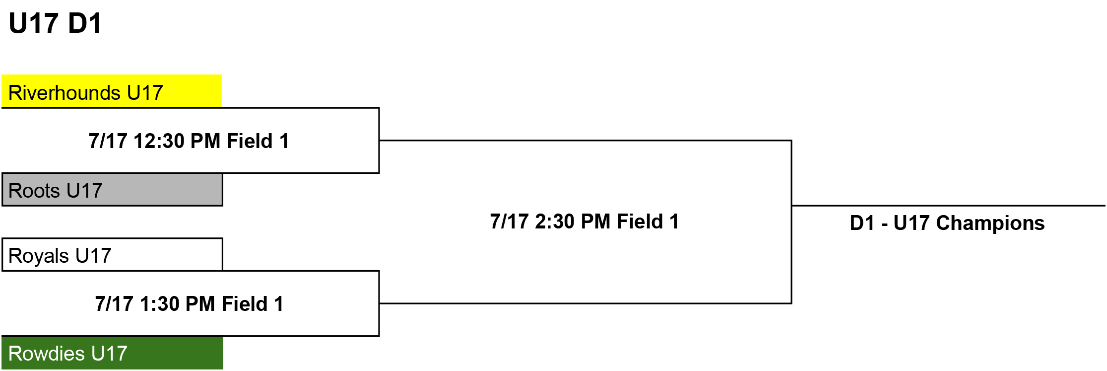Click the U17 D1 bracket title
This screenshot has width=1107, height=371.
click(x=56, y=23)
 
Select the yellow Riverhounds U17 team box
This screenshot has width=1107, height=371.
click(x=112, y=91)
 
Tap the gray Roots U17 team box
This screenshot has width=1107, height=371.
click(x=112, y=189)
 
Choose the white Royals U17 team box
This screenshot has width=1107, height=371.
click(x=112, y=254)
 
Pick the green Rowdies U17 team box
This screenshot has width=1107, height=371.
click(x=112, y=353)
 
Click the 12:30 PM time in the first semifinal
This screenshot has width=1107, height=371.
click(x=177, y=141)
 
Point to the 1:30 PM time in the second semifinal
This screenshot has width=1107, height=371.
click(x=178, y=304)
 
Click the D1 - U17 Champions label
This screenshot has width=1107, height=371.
click(x=947, y=223)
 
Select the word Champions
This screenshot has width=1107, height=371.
click(x=990, y=223)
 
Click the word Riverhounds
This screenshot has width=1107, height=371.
click(x=65, y=93)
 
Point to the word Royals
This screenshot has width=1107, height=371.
click(x=39, y=256)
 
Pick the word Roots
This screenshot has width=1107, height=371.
click(x=34, y=191)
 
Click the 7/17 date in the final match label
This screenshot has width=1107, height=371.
click(x=509, y=222)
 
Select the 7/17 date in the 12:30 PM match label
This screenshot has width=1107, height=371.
click(x=108, y=141)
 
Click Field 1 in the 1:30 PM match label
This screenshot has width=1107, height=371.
click(x=253, y=304)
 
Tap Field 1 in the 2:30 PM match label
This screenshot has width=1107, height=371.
click(x=648, y=222)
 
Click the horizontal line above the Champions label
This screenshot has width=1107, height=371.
click(x=949, y=205)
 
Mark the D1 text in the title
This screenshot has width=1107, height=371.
click(x=85, y=23)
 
